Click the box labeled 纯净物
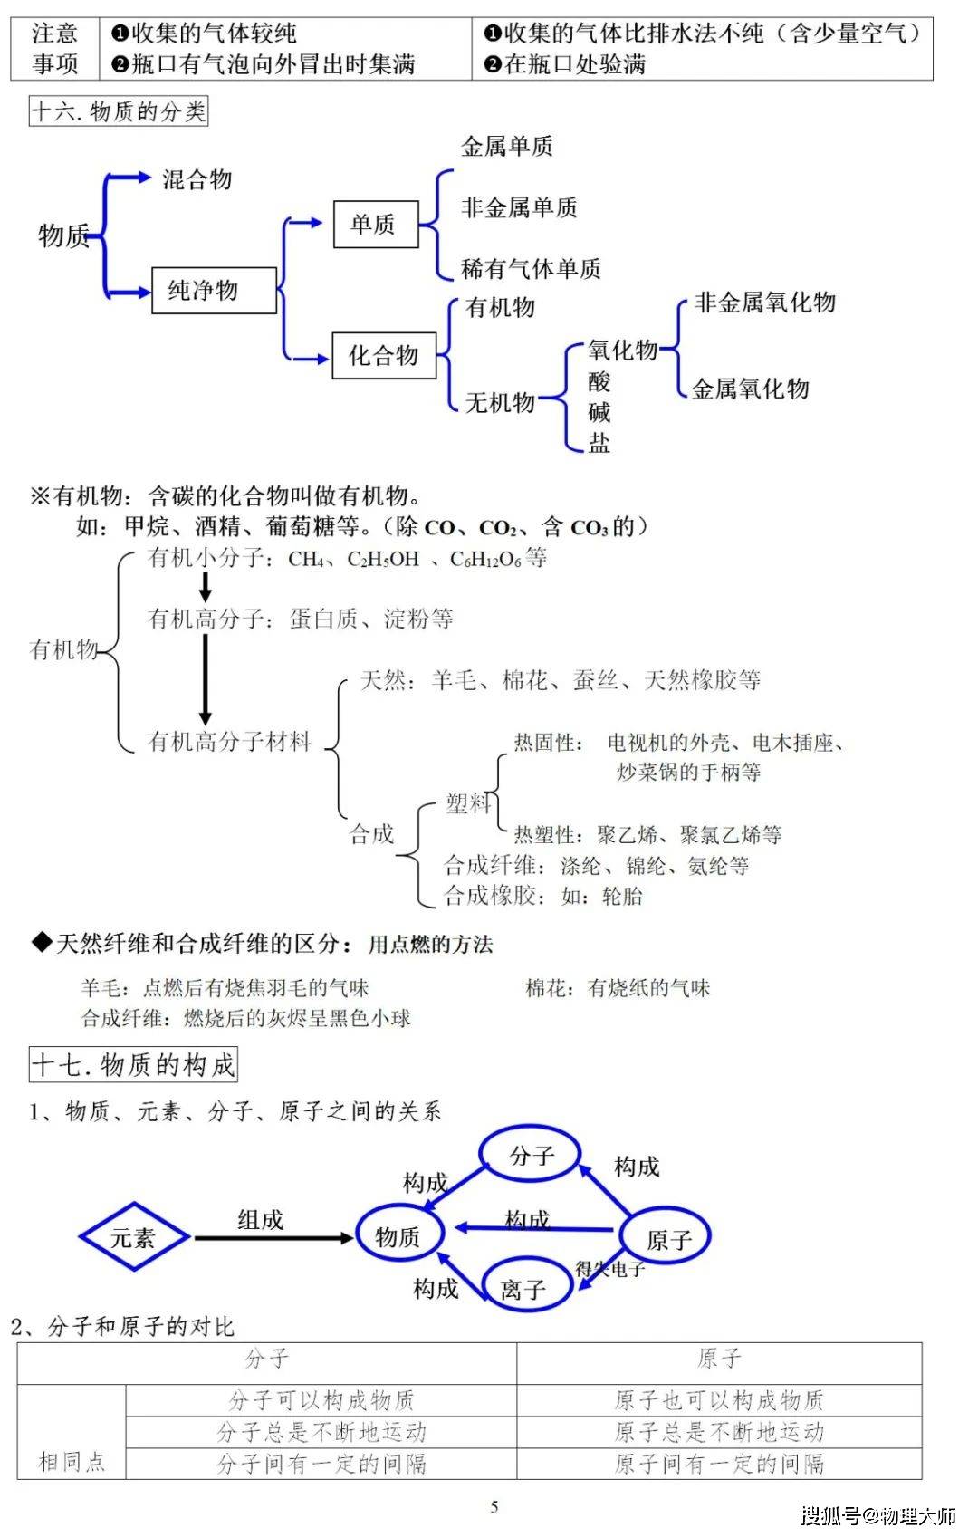point(214,291)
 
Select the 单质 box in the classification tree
point(376,225)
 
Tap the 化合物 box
point(384,355)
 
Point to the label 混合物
point(197,179)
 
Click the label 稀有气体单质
point(531,268)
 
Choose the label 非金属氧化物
point(764,302)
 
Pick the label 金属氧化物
point(751,389)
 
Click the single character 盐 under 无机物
point(599,443)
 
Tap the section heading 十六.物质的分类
point(119,111)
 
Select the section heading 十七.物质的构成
point(133,1065)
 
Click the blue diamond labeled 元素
point(134,1236)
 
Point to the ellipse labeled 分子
point(530,1156)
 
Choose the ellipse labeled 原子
point(666,1236)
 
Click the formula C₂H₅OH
point(383,559)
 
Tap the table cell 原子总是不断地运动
point(719,1432)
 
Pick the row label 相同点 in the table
point(72,1462)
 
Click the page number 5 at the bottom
point(494,1507)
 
